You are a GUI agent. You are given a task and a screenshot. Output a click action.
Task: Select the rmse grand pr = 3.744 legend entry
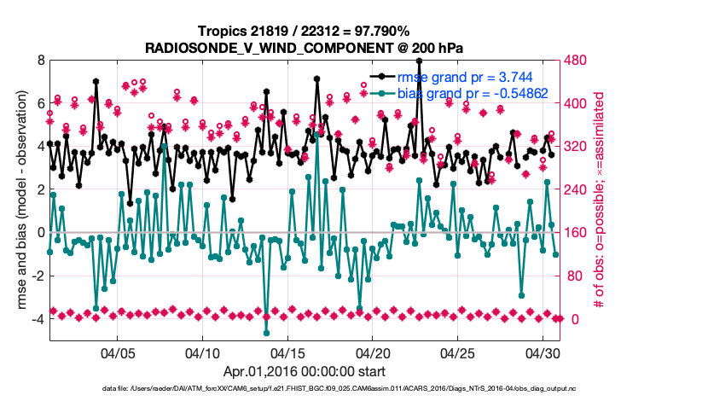[x=470, y=75]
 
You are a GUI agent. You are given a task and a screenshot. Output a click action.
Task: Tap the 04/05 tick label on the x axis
[x=119, y=352]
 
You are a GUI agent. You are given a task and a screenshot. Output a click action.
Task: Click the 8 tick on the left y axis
[x=41, y=61]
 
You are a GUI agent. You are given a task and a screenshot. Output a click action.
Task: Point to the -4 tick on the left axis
[x=38, y=319]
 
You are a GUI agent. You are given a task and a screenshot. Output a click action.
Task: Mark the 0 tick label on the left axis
[x=41, y=232]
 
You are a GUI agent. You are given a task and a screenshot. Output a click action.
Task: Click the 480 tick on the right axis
[x=580, y=61]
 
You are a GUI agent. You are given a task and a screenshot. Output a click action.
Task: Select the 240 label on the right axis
[x=580, y=189]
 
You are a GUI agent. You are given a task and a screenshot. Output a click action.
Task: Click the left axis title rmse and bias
[x=18, y=201]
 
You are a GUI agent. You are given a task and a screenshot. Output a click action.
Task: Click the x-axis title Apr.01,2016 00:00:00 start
[x=305, y=371]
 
